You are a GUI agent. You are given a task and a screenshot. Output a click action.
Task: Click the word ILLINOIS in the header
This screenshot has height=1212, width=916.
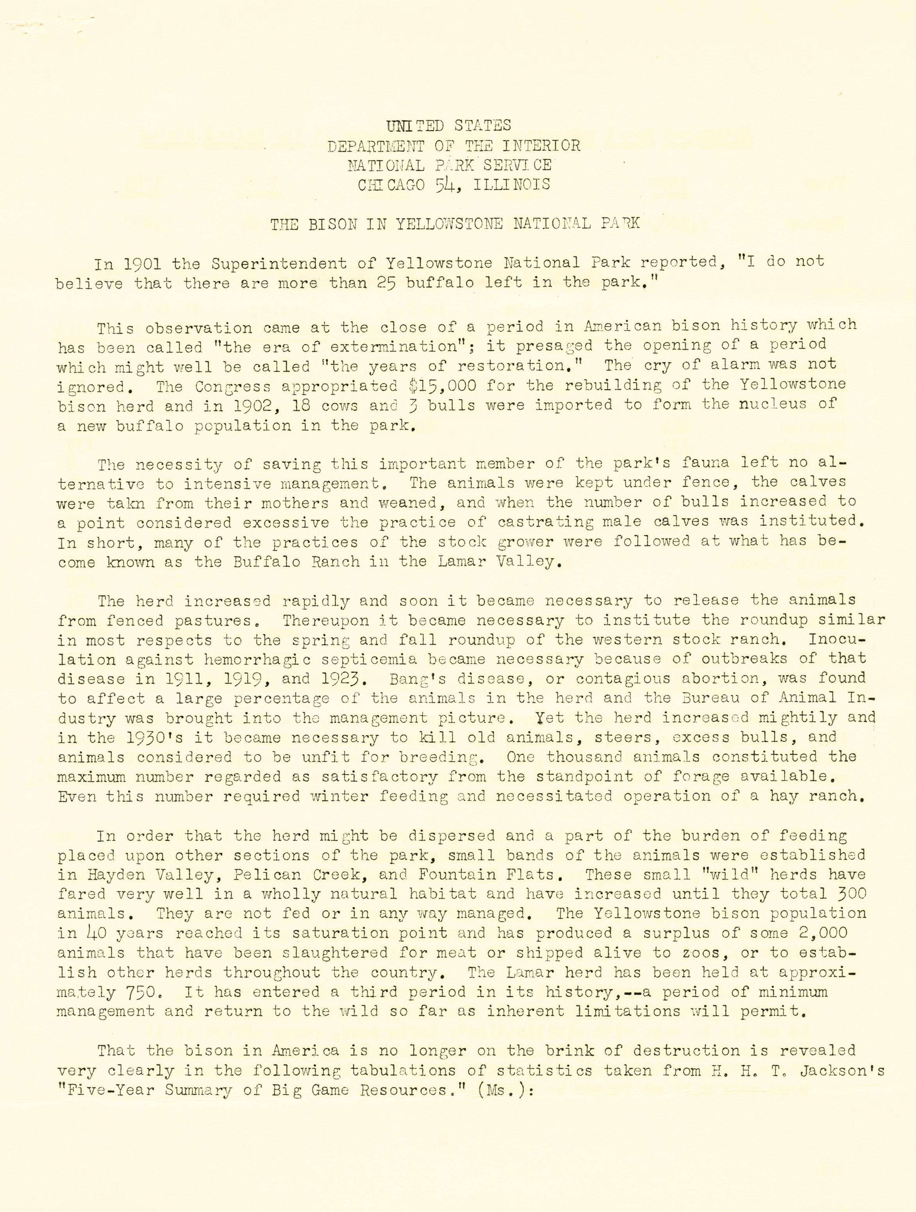[x=512, y=184]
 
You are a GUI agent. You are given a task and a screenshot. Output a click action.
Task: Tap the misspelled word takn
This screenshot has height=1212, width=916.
[x=126, y=503]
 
